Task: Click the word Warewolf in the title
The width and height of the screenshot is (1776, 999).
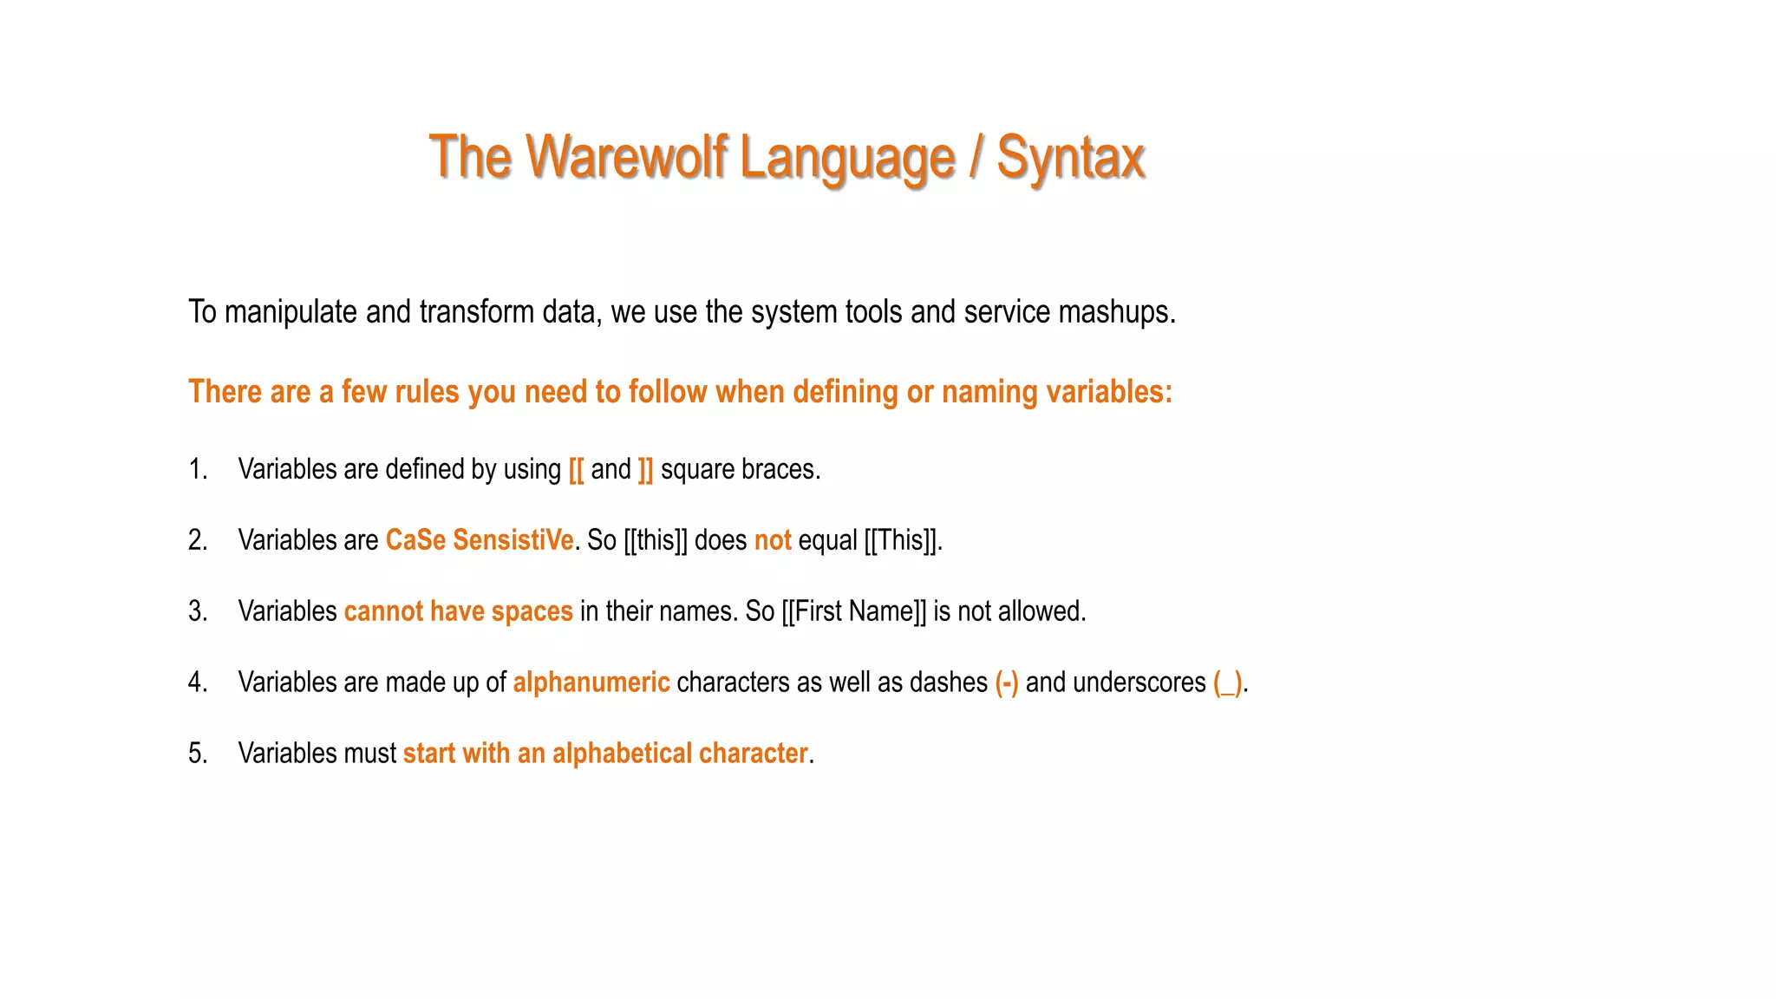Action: [x=626, y=158]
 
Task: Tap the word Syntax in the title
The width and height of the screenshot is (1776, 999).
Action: [x=1070, y=158]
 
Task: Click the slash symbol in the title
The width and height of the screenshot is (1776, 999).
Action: [x=976, y=158]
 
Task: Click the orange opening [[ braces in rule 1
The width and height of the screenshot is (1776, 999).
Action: [x=577, y=470]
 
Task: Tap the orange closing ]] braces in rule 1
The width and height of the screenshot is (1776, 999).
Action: [x=645, y=470]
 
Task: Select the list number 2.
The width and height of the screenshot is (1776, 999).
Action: [x=198, y=540]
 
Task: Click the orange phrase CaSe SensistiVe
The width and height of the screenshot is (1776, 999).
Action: [x=480, y=540]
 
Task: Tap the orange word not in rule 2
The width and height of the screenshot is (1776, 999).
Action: [x=773, y=540]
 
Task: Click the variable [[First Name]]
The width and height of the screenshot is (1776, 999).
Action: [x=853, y=611]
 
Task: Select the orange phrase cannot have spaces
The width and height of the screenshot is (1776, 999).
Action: [x=458, y=611]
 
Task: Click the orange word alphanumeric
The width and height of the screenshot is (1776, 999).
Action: [x=591, y=682]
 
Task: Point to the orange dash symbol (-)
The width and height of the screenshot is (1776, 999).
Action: [x=1007, y=682]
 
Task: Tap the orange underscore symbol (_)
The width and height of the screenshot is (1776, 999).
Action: [x=1228, y=682]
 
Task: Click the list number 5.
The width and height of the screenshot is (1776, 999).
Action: [x=198, y=754]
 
